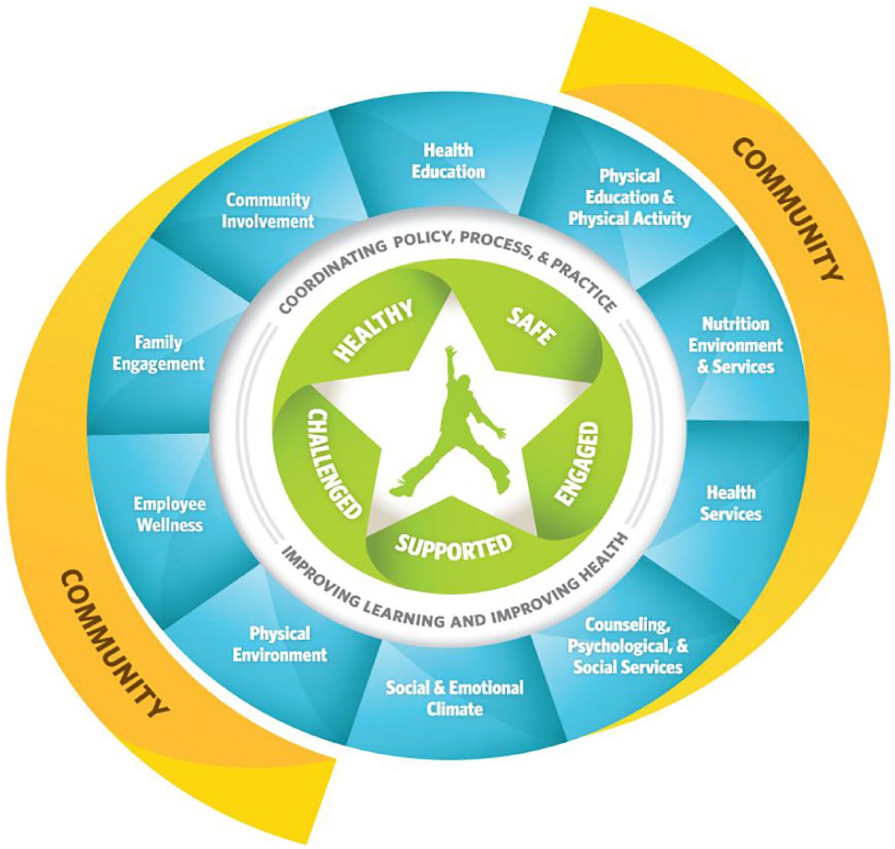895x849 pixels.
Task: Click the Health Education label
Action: pos(448,161)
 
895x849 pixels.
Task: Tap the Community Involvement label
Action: pos(268,211)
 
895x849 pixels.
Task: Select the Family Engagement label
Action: pos(159,353)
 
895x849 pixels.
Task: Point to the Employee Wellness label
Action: pos(169,514)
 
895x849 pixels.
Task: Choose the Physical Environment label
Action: pos(280,644)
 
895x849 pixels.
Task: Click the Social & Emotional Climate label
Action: pos(454,698)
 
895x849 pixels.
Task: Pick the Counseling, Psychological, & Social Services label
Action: pos(628,646)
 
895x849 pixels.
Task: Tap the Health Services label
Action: pos(731,503)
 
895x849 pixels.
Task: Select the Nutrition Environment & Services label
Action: pos(736,345)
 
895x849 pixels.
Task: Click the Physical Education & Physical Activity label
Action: pos(629,197)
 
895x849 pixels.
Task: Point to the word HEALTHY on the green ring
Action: pos(373,330)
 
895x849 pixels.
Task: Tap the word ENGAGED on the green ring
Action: pos(577,463)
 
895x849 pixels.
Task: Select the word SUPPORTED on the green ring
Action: pos(454,546)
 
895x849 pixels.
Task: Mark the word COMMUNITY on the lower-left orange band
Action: pos(113,644)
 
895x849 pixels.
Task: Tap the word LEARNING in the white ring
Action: pos(403,612)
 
